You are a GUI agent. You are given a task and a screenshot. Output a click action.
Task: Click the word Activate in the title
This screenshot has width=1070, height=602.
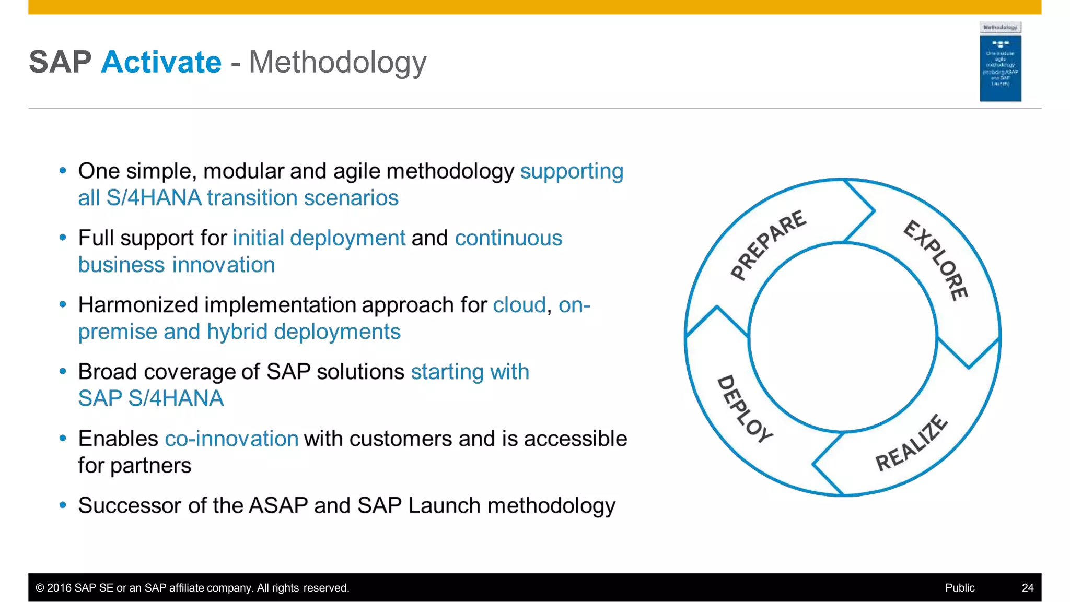pos(161,62)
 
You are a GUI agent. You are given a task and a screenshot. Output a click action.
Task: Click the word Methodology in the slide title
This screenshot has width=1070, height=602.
pos(338,63)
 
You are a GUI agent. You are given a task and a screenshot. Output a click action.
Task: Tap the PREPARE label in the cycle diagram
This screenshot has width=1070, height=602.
pos(768,244)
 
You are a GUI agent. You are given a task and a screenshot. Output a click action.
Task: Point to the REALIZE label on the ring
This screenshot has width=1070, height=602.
pos(911,443)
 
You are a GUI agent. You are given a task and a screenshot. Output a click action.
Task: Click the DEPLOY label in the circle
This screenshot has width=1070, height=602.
pos(744,409)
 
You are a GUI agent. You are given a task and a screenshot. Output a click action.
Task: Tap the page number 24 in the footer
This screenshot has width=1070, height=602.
pos(1027,588)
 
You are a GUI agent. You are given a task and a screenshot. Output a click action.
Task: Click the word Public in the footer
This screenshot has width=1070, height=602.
pos(959,588)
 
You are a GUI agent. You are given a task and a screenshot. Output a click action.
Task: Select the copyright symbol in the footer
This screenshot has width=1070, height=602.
pos(40,588)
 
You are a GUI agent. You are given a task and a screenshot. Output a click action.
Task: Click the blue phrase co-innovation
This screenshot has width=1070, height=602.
pos(231,439)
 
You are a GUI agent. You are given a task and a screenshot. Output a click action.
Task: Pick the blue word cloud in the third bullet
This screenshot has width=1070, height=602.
pos(519,305)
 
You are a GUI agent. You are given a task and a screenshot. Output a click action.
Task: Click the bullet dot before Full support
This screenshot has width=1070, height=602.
pos(63,238)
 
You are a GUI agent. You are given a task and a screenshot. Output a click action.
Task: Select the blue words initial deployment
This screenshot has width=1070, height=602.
pos(319,238)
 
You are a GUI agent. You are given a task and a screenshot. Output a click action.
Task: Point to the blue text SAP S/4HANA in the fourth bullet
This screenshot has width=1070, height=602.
pos(150,398)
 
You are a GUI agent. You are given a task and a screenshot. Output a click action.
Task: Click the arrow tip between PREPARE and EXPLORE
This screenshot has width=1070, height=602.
pos(874,210)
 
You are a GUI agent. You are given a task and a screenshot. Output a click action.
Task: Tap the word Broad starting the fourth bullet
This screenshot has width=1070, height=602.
pos(107,372)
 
